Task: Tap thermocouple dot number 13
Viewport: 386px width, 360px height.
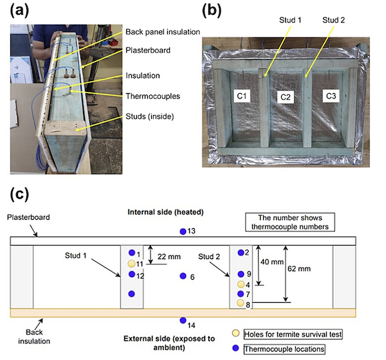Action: tap(183, 231)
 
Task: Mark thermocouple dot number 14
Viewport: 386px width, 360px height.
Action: tap(183, 320)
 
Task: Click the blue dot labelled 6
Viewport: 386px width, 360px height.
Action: tap(183, 276)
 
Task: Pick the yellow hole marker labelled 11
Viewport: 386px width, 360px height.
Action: tap(132, 264)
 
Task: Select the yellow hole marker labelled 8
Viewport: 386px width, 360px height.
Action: tap(241, 303)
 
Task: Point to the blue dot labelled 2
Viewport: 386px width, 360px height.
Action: tap(241, 253)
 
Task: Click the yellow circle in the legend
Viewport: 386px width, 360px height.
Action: tap(236, 334)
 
